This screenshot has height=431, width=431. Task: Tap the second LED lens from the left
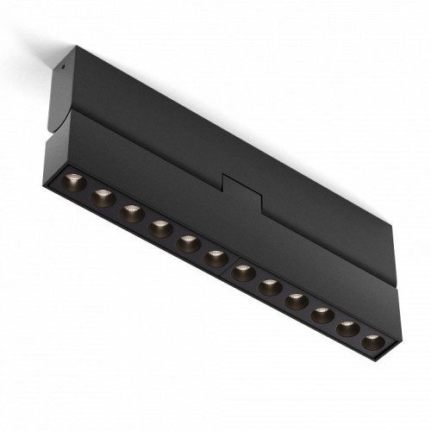(x=103, y=197)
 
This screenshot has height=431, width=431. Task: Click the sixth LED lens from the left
(x=215, y=258)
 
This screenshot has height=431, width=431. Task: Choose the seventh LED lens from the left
(x=243, y=272)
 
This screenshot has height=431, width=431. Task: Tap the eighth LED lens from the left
(x=269, y=286)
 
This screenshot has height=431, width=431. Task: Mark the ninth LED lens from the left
(x=295, y=301)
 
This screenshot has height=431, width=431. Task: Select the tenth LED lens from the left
(x=320, y=314)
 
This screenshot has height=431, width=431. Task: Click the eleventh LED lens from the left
(x=345, y=327)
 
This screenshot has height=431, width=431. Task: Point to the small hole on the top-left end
(x=66, y=62)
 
